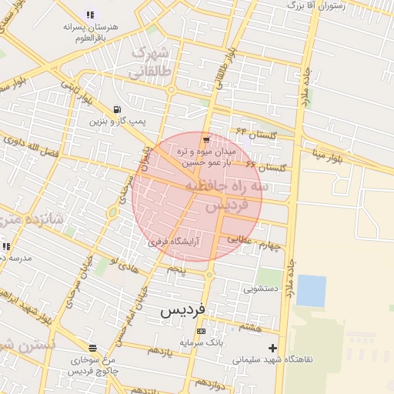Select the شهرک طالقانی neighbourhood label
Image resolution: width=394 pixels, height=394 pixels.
(149, 62)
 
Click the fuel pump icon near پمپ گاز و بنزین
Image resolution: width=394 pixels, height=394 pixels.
(116, 109)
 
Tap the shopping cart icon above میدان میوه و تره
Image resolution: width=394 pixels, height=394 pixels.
(206, 139)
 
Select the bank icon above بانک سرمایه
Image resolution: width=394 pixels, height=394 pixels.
(202, 331)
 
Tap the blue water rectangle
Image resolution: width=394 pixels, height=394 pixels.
(311, 291)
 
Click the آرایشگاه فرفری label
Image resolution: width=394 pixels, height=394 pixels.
(174, 241)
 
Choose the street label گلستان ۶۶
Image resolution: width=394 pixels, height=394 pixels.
(268, 165)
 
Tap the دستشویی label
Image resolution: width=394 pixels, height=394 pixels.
(259, 289)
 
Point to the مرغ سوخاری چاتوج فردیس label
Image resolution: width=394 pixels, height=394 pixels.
(92, 365)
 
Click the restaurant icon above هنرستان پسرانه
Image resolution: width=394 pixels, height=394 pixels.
(90, 14)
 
